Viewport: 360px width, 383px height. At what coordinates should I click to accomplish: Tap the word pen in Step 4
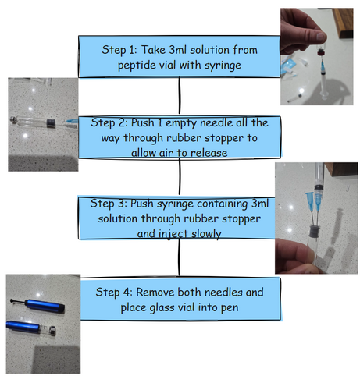(x=230, y=308)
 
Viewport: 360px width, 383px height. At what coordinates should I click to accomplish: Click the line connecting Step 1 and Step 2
(x=180, y=95)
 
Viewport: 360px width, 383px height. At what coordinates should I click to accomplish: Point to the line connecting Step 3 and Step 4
(x=179, y=257)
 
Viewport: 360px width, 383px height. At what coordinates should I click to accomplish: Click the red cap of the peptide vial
(x=321, y=53)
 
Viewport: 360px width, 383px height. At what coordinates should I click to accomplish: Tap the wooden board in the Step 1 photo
(x=343, y=22)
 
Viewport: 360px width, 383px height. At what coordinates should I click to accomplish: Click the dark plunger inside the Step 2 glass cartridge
(x=51, y=123)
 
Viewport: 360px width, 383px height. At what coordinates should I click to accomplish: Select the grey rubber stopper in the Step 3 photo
(x=314, y=231)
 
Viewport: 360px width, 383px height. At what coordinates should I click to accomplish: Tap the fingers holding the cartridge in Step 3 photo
(x=294, y=256)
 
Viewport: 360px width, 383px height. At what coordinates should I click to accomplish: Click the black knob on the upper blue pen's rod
(x=12, y=301)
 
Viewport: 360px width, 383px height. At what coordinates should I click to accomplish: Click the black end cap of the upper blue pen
(x=62, y=308)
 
